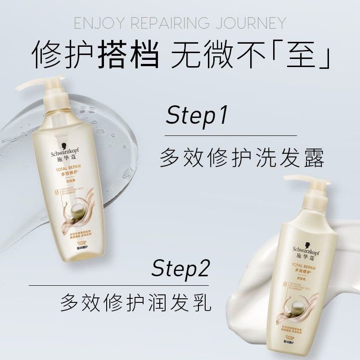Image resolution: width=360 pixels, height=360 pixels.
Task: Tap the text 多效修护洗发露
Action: [242, 158]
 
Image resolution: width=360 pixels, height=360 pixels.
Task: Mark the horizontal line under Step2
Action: [119, 285]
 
